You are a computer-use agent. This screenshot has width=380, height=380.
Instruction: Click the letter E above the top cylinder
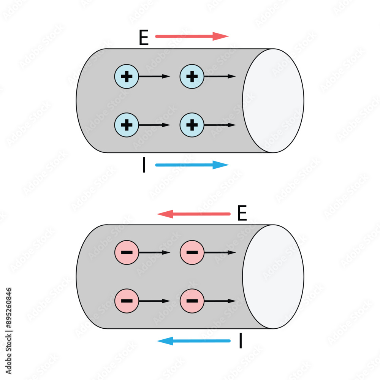click(144, 38)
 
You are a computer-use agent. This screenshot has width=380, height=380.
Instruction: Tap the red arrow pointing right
click(192, 36)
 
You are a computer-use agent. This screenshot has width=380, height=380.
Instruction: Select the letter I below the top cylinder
click(144, 166)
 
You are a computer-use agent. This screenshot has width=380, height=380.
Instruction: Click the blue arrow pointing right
click(192, 165)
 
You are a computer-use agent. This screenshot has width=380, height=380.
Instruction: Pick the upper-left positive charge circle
click(127, 76)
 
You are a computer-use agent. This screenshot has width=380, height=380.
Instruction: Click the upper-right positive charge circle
click(192, 76)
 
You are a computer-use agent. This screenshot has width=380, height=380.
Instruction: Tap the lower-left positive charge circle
click(127, 125)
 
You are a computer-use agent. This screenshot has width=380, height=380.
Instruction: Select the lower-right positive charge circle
click(192, 125)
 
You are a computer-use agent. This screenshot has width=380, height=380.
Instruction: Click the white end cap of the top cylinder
click(273, 101)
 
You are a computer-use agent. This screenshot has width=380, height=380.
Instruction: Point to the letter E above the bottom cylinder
click(242, 214)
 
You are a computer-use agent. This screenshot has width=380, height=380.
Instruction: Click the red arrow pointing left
click(194, 214)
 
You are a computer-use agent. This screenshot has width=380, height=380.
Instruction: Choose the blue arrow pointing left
click(194, 341)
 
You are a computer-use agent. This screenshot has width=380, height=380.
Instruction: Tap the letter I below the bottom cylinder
click(241, 341)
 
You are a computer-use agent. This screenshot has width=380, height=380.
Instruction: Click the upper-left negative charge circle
click(127, 252)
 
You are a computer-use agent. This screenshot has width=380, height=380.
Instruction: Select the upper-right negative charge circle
click(192, 252)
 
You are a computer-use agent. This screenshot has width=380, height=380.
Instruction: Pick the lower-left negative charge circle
click(127, 301)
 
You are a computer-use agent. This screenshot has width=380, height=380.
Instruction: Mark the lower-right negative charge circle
click(192, 301)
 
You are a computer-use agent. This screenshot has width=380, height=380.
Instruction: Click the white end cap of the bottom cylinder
click(273, 277)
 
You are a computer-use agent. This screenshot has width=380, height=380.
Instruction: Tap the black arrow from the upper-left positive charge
click(154, 76)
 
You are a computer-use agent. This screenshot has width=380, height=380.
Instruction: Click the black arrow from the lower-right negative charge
click(220, 301)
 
